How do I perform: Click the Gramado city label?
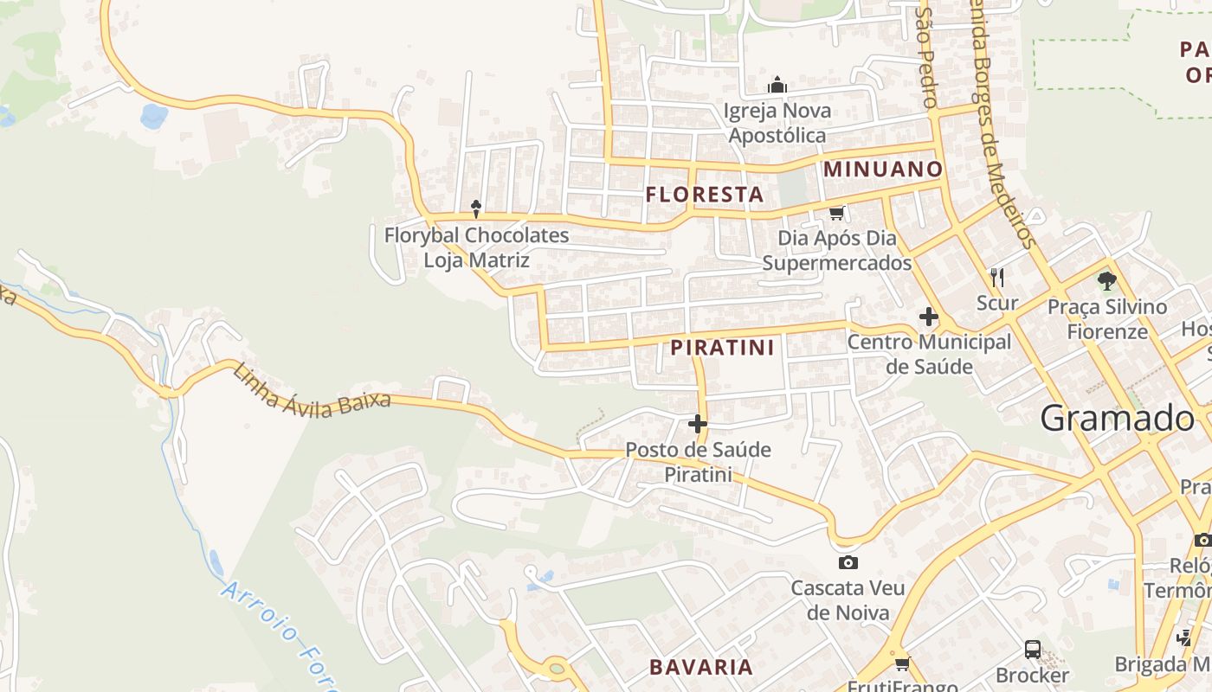pyautogui.click(x=1116, y=419)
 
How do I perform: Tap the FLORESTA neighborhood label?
pyautogui.click(x=705, y=195)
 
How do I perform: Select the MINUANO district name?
pyautogui.click(x=882, y=169)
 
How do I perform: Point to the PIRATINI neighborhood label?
pyautogui.click(x=722, y=348)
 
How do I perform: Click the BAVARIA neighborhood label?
pyautogui.click(x=701, y=667)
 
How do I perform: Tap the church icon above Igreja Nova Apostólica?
pyautogui.click(x=777, y=86)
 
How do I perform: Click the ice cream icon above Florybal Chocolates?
pyautogui.click(x=475, y=208)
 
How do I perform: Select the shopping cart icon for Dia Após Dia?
pyautogui.click(x=836, y=213)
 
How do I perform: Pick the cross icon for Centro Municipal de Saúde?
pyautogui.click(x=929, y=317)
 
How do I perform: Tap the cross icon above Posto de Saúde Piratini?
pyautogui.click(x=698, y=424)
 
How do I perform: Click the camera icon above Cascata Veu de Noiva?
pyautogui.click(x=848, y=562)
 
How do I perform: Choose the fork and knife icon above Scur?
pyautogui.click(x=997, y=277)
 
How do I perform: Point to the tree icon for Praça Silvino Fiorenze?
pyautogui.click(x=1106, y=280)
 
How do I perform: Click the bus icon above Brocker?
pyautogui.click(x=1032, y=649)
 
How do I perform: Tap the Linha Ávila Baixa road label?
pyautogui.click(x=312, y=390)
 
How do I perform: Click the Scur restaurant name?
pyautogui.click(x=997, y=303)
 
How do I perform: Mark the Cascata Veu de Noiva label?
pyautogui.click(x=848, y=600)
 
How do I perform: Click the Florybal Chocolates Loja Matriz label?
pyautogui.click(x=476, y=247)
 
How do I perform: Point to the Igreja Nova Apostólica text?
pyautogui.click(x=777, y=123)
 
